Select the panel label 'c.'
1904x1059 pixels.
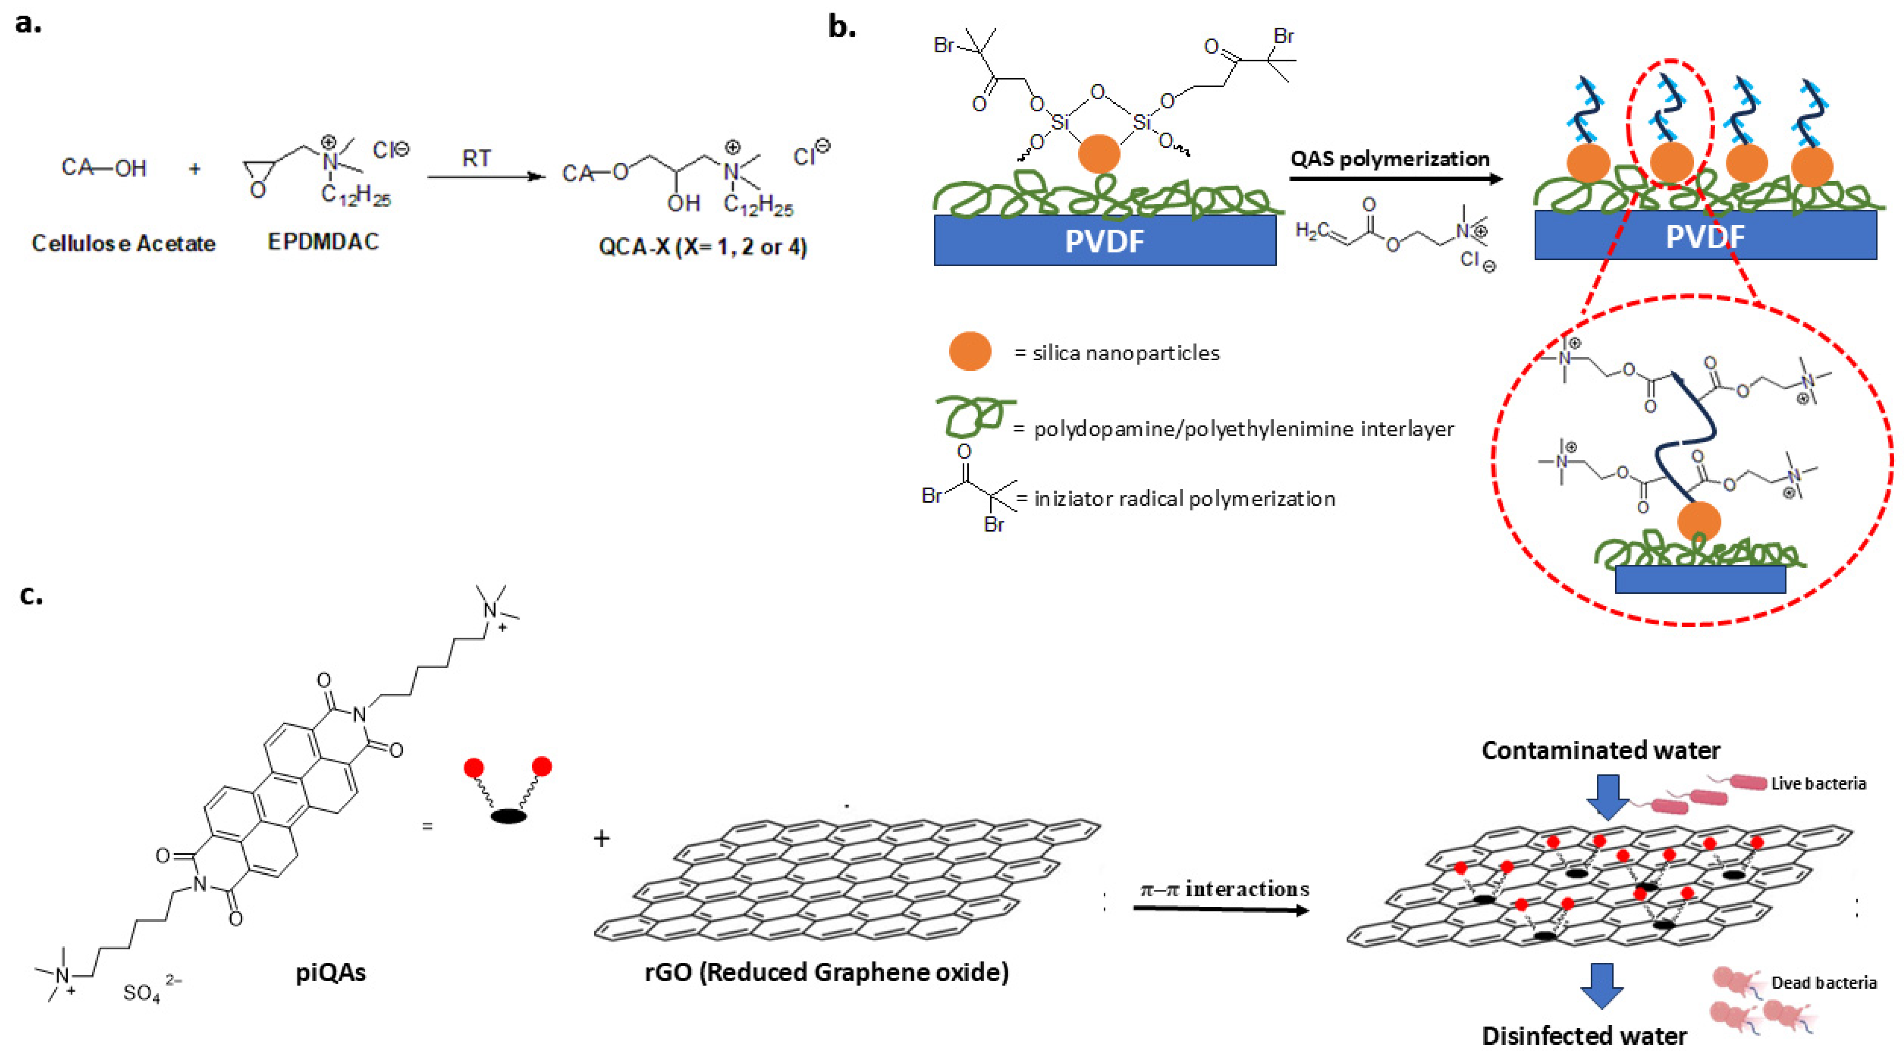31,594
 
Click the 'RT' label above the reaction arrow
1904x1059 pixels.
477,158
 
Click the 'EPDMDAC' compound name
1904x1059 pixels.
323,242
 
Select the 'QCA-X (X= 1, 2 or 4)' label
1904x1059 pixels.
702,246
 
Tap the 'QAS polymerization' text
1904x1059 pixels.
1389,159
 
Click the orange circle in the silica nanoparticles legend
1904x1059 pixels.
970,351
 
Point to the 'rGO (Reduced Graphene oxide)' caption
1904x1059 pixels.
826,972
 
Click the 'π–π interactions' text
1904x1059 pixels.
1224,889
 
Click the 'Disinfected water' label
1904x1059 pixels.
1584,1035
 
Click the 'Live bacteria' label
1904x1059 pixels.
1818,783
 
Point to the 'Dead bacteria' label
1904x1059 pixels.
1823,982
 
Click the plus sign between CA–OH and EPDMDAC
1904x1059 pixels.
195,169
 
